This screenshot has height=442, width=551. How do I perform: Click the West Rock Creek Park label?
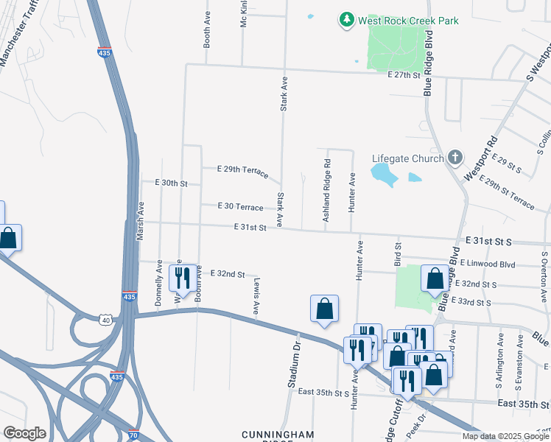pos(408,21)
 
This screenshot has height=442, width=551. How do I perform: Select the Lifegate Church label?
pos(408,158)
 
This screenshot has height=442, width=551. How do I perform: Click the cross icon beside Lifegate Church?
pos(455,158)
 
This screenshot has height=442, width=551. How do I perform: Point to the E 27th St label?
pos(404,75)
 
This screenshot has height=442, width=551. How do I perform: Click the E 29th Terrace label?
pos(242,169)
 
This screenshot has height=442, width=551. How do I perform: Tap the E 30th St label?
pos(172,183)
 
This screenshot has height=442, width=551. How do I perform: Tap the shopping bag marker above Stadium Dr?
pos(324,309)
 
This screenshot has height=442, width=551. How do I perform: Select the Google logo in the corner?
pos(24,433)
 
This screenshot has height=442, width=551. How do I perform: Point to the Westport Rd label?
pos(481,160)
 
